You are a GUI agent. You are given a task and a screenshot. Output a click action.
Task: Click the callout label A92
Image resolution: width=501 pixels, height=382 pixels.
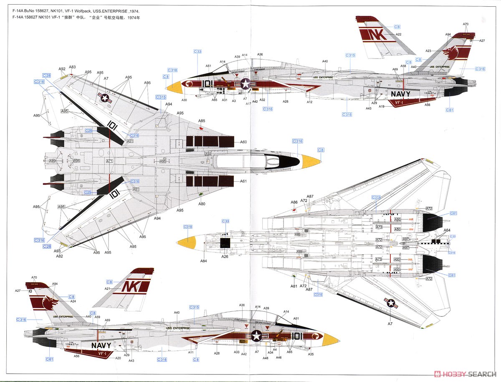pyautogui.click(x=62, y=69)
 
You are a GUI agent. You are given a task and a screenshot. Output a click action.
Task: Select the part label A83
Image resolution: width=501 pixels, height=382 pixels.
pyautogui.click(x=72, y=67)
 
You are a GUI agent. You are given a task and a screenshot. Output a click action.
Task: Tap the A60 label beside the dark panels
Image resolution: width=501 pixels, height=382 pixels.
pyautogui.click(x=243, y=142)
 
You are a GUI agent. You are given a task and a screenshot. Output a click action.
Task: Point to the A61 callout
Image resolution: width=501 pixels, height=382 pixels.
pyautogui.click(x=243, y=181)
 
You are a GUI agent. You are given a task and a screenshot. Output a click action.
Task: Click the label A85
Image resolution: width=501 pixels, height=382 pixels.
pyautogui.click(x=202, y=121)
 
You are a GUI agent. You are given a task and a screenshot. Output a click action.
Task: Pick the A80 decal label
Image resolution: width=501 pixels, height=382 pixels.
pyautogui.click(x=202, y=204)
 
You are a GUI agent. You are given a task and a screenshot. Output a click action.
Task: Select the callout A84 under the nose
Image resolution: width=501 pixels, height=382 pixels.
pyautogui.click(x=203, y=261)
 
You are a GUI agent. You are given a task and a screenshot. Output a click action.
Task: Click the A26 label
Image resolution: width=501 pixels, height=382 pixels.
pyautogui.click(x=225, y=256)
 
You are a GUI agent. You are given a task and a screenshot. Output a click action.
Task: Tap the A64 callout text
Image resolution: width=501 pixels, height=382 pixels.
pyautogui.click(x=447, y=230)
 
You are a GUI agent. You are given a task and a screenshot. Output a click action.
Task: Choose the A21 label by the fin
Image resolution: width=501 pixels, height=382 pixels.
pyautogui.click(x=107, y=289)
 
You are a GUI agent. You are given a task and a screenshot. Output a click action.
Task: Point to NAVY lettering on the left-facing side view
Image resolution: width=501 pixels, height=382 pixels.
pyautogui.click(x=101, y=345)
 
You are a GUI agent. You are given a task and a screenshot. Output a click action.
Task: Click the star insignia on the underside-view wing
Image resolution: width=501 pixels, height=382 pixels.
pyautogui.click(x=391, y=304)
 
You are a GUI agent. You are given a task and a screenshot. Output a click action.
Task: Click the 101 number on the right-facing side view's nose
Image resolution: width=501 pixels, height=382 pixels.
pyautogui.click(x=208, y=84)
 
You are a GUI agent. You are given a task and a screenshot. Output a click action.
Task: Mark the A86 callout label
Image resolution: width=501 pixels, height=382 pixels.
pyautogui.click(x=294, y=202)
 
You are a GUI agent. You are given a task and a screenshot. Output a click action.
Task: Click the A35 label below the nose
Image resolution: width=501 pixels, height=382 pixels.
pyautogui.click(x=310, y=354)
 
